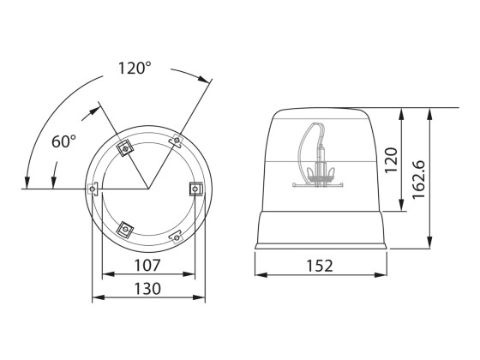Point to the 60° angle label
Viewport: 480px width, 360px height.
point(64,141)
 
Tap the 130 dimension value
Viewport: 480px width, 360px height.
point(148,288)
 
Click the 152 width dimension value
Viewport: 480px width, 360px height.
point(319,266)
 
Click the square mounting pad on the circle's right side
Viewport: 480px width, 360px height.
point(195,189)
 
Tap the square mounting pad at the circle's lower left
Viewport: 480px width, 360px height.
point(126,228)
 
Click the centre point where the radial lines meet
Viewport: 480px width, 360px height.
point(147,189)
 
